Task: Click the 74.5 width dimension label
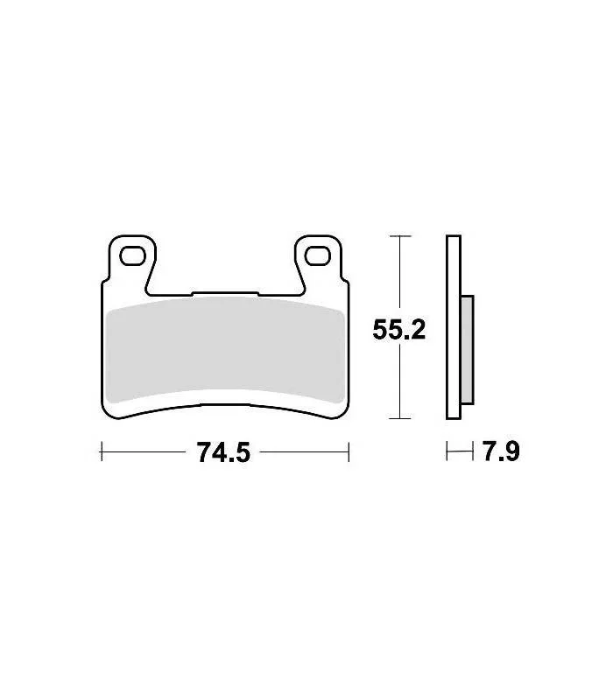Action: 224,452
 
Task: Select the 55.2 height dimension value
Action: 399,330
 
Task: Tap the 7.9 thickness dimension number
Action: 501,451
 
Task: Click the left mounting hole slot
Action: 133,256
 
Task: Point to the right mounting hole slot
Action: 318,255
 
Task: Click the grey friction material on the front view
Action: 226,349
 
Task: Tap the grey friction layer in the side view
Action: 467,350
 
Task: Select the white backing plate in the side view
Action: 454,327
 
